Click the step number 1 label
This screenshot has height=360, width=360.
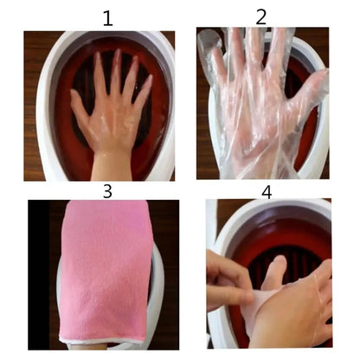106,17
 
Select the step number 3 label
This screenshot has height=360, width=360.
107,190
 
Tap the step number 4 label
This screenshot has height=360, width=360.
267,191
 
